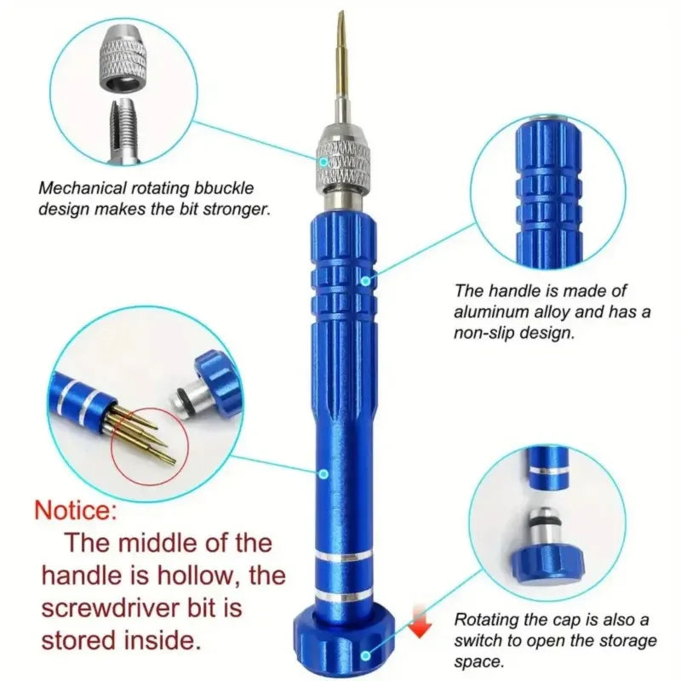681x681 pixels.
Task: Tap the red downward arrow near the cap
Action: tap(417, 624)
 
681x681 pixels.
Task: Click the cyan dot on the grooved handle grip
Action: tap(364, 278)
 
